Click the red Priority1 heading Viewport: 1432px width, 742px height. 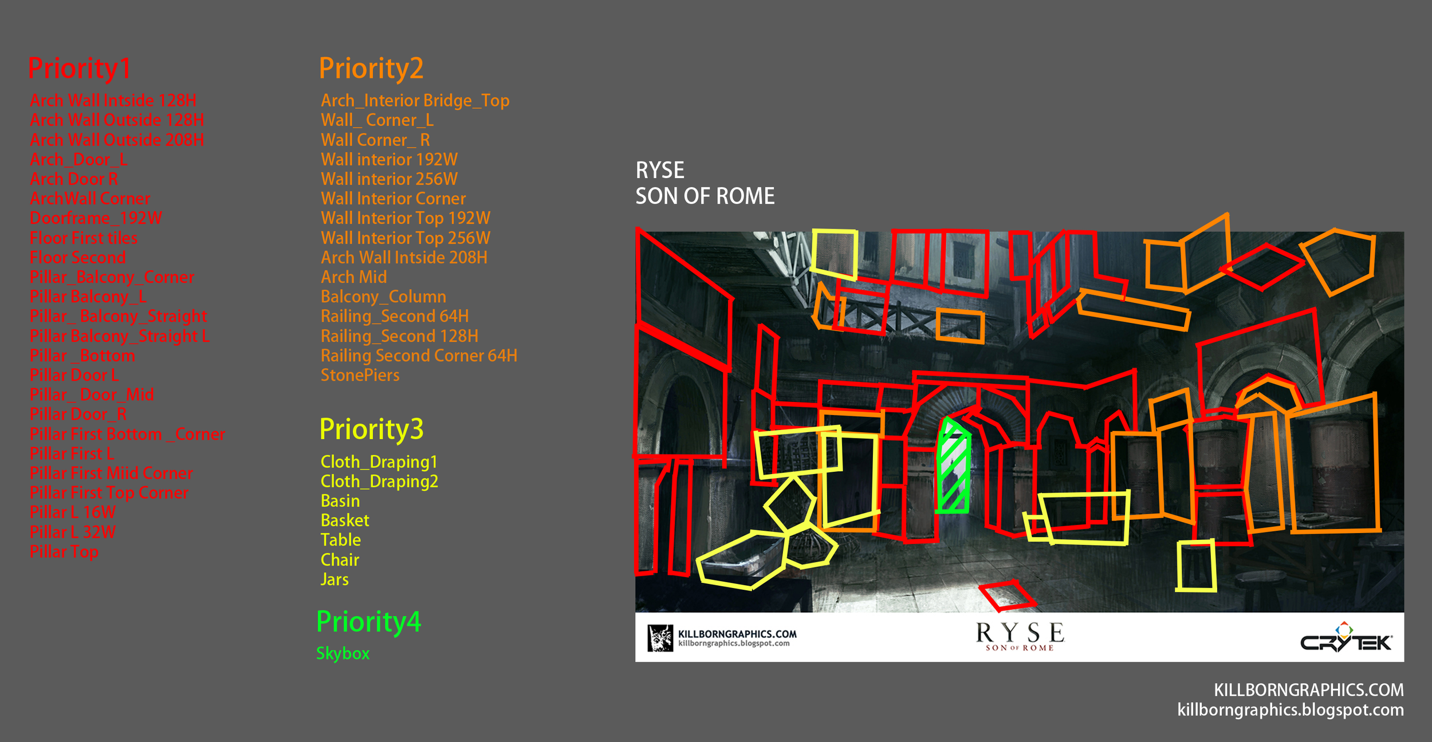[x=79, y=69]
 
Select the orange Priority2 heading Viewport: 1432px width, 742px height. [x=371, y=69]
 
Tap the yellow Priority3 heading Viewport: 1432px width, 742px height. [x=371, y=429]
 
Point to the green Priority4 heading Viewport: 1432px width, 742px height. [x=368, y=622]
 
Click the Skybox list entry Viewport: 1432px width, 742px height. [x=343, y=653]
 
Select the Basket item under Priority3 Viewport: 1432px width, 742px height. [x=345, y=520]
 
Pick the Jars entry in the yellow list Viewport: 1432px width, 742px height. [x=335, y=579]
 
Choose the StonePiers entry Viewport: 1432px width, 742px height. [x=360, y=376]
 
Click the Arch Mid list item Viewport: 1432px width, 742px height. [x=353, y=277]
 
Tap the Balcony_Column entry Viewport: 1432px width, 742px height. [x=383, y=297]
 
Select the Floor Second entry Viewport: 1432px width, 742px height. [x=77, y=258]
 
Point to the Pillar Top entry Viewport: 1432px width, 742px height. [x=64, y=552]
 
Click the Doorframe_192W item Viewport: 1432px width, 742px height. [x=96, y=218]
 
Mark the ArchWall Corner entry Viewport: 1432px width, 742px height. [x=90, y=199]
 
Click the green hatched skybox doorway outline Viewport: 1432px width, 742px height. [x=953, y=467]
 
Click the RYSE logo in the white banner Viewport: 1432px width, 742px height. [x=1020, y=636]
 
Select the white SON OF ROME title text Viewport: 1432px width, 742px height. [x=705, y=196]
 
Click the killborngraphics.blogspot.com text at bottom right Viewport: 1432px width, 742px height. [x=1290, y=710]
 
